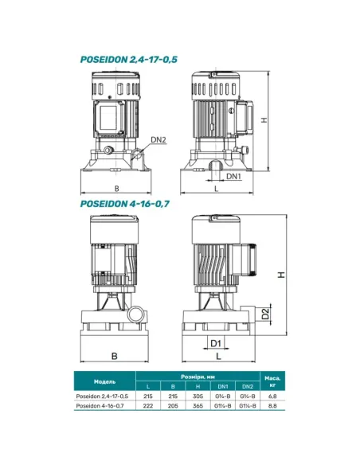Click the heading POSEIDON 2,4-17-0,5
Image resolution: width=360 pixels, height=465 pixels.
click(x=129, y=60)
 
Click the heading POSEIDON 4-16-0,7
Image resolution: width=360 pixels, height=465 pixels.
click(x=125, y=204)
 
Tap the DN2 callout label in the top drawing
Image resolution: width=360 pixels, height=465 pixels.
click(x=158, y=139)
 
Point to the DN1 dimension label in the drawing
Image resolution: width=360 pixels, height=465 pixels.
click(x=233, y=176)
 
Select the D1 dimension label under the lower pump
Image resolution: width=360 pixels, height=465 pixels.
click(x=216, y=343)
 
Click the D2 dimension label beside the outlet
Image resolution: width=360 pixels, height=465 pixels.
click(x=266, y=314)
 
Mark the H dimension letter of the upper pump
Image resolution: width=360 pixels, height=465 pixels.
click(x=264, y=120)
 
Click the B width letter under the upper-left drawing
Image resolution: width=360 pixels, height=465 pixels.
click(x=116, y=189)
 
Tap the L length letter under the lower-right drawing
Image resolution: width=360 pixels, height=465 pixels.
click(x=218, y=356)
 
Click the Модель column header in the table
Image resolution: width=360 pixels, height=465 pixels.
click(x=104, y=381)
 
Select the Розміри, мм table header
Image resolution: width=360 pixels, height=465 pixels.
click(x=198, y=377)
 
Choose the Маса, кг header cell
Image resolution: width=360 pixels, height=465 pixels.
click(x=272, y=381)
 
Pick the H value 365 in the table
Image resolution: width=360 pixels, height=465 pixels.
click(x=198, y=405)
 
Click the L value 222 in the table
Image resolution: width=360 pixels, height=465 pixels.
click(x=148, y=405)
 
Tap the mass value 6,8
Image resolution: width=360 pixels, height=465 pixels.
click(x=272, y=396)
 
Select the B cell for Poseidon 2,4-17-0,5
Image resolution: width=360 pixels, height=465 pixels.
click(x=173, y=396)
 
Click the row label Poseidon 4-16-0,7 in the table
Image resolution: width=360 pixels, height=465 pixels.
click(x=100, y=405)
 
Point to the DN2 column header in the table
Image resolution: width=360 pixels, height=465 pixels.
click(x=248, y=386)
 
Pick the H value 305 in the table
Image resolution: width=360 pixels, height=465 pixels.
click(x=198, y=396)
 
